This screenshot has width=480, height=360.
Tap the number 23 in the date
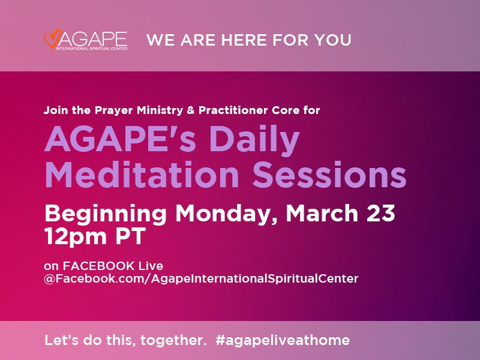click(378, 214)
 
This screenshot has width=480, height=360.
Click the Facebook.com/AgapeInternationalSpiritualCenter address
click(201, 279)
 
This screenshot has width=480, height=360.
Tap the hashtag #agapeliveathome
click(281, 340)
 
